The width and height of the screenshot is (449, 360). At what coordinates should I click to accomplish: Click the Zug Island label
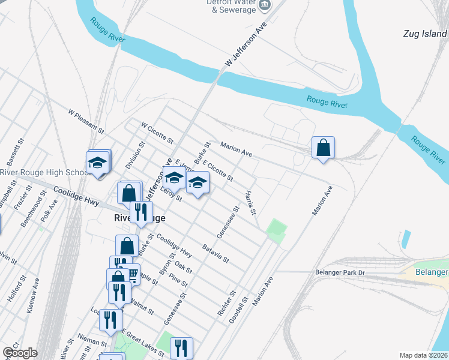[x=426, y=35]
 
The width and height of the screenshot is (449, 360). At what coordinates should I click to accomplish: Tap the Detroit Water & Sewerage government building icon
[x=264, y=5]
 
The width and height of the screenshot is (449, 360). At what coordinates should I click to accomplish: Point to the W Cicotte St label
[x=157, y=134]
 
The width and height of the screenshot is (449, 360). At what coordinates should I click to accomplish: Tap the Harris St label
[x=250, y=203]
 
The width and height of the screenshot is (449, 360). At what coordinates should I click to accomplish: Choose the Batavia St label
[x=215, y=253]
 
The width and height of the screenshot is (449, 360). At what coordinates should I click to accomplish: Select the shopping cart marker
[x=131, y=274]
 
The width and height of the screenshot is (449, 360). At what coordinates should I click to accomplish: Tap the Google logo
[x=19, y=353]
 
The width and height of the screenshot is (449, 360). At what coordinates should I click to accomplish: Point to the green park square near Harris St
[x=276, y=231]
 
